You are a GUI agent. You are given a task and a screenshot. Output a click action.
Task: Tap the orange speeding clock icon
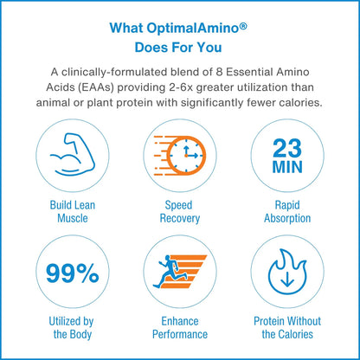click(x=180, y=155)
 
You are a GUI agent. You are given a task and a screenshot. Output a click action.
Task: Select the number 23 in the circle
click(x=287, y=148)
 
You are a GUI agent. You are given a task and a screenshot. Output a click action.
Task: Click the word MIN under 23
click(x=287, y=167)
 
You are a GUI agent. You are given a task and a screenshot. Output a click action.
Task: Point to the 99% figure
click(x=73, y=273)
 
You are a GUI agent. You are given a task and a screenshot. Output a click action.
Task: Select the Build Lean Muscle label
click(x=73, y=212)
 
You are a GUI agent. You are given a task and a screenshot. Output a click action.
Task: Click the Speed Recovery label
click(x=180, y=212)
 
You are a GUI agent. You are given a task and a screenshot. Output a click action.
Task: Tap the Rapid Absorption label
click(x=287, y=212)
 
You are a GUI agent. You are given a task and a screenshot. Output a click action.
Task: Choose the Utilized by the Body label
click(x=72, y=328)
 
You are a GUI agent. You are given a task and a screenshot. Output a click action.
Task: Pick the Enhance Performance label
click(x=180, y=328)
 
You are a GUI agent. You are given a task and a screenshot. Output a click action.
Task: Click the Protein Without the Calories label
click(x=287, y=328)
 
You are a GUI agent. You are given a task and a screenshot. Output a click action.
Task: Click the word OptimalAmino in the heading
click(x=192, y=29)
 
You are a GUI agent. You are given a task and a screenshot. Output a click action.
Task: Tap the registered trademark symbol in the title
click(x=243, y=26)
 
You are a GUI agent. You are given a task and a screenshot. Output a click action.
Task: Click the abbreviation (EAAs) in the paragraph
click(x=96, y=87)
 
